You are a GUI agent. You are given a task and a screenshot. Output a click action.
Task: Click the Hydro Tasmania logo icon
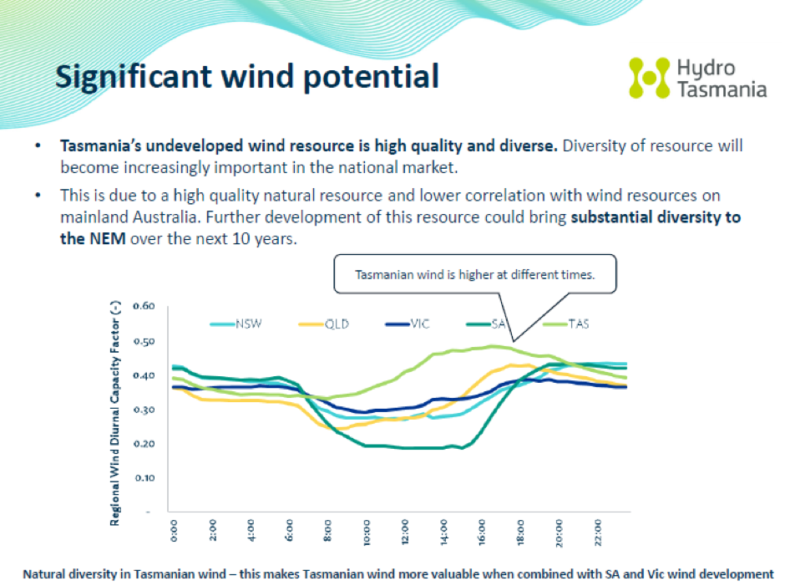click(649, 78)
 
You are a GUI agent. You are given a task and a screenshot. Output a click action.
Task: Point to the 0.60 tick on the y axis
click(144, 306)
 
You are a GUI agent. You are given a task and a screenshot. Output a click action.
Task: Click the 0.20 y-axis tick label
click(144, 444)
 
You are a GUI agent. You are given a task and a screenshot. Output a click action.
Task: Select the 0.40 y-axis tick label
click(144, 375)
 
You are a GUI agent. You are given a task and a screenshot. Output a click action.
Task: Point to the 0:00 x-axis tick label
click(174, 533)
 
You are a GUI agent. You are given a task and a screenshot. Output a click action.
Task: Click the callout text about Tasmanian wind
click(474, 274)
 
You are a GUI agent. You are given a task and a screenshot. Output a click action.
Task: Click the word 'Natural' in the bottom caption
click(46, 574)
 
